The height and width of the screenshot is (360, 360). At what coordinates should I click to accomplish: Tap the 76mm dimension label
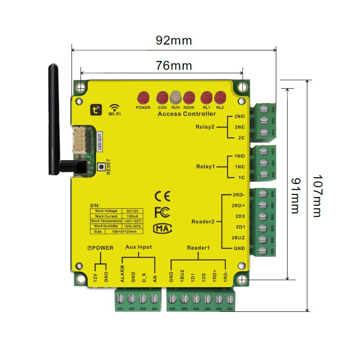[174, 66]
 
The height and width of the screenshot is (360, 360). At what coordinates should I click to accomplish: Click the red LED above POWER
[143, 97]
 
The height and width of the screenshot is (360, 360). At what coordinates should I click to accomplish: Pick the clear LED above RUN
[175, 97]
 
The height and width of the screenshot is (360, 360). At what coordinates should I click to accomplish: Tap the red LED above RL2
[220, 97]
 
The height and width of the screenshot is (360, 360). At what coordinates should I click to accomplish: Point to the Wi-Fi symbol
[114, 108]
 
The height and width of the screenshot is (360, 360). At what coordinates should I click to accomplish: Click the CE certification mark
[162, 196]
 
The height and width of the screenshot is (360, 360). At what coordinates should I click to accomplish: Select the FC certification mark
[162, 212]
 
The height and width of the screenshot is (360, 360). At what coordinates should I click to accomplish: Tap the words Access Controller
[186, 114]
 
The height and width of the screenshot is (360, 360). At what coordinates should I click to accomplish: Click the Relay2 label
[205, 126]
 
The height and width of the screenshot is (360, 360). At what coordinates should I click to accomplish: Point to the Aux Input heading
[139, 247]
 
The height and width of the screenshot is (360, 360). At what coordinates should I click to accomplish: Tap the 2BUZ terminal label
[238, 237]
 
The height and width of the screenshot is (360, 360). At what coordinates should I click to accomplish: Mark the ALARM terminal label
[122, 274]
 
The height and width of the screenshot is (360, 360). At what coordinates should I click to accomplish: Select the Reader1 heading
[198, 248]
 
